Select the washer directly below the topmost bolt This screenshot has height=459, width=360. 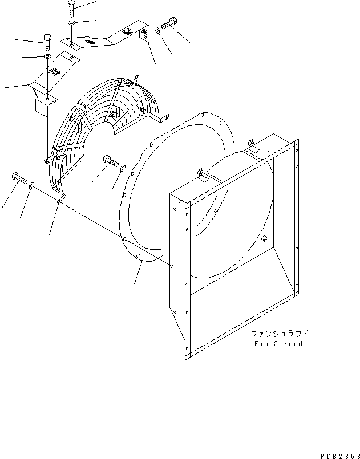[x=71, y=22]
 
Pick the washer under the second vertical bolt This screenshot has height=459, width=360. [x=47, y=56]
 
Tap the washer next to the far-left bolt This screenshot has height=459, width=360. [x=33, y=184]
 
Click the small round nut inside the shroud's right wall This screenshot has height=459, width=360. [x=265, y=239]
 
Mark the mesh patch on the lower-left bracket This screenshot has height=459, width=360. [x=55, y=72]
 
